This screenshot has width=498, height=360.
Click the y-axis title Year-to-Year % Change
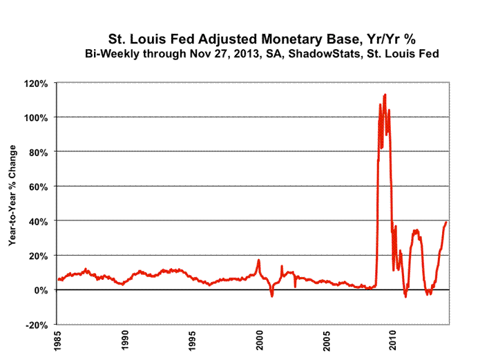click(x=12, y=204)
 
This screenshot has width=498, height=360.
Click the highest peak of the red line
click(x=385, y=94)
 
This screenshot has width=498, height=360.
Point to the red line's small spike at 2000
click(x=259, y=260)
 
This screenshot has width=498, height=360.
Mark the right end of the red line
click(x=447, y=222)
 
